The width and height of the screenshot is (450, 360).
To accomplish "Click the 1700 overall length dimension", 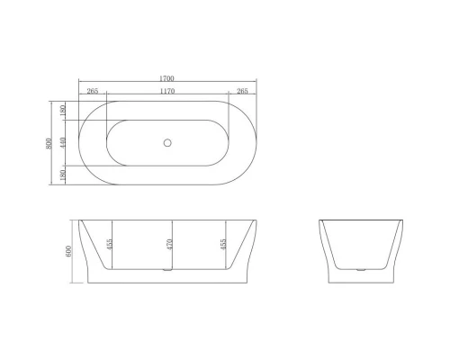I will (167, 79).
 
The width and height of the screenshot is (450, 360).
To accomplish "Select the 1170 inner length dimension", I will (167, 91).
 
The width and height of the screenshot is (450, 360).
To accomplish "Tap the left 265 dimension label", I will (93, 91).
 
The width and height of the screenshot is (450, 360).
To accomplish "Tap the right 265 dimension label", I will (241, 91).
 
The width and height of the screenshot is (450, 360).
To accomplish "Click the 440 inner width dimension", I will (62, 142).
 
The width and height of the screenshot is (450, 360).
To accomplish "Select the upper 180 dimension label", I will (62, 110).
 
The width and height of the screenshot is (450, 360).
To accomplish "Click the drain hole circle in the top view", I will (167, 142).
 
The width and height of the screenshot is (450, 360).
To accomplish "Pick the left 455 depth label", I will (108, 243).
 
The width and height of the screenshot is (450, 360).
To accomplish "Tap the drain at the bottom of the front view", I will (167, 269).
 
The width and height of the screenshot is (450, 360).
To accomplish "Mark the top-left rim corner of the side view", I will (319, 220).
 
